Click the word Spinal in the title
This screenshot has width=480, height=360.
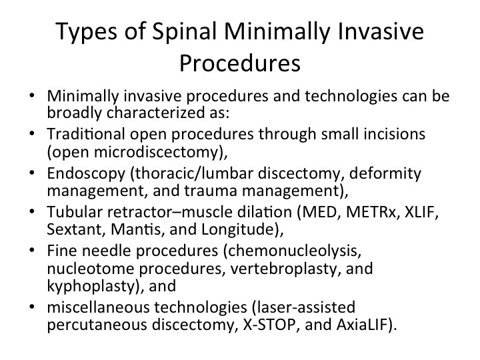[x=185, y=32]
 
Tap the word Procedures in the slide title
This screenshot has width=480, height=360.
[x=240, y=63]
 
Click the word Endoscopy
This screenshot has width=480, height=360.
[x=86, y=174]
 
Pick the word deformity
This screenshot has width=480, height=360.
[x=385, y=174]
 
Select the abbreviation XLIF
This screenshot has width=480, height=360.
[x=420, y=212]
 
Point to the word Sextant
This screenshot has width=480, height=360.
[x=74, y=229]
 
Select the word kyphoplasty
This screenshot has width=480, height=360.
[x=91, y=286]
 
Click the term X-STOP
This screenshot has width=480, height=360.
[x=269, y=325]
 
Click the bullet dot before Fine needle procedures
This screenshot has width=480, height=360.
[x=32, y=250]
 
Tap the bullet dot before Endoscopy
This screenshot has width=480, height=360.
[x=32, y=173]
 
